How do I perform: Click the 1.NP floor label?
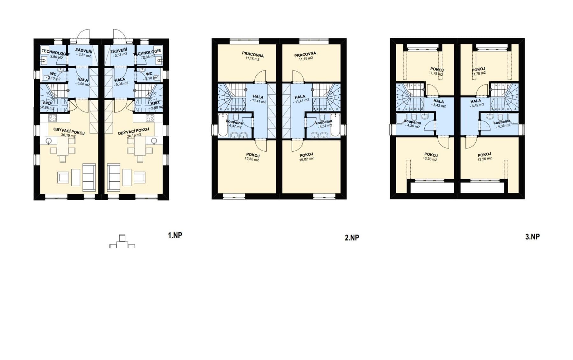click(175, 235)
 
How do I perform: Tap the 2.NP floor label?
click(352, 238)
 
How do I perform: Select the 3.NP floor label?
click(532, 237)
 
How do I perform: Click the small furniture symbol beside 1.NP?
click(122, 242)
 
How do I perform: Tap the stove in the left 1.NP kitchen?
click(52, 118)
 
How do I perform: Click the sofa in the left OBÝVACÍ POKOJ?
click(89, 177)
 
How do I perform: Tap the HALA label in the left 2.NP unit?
click(258, 97)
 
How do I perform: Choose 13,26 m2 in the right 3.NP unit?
click(485, 159)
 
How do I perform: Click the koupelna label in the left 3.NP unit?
click(412, 122)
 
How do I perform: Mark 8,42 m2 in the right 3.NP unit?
click(478, 105)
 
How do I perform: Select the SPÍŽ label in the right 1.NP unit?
click(155, 104)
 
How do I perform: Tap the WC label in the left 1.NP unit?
click(53, 74)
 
